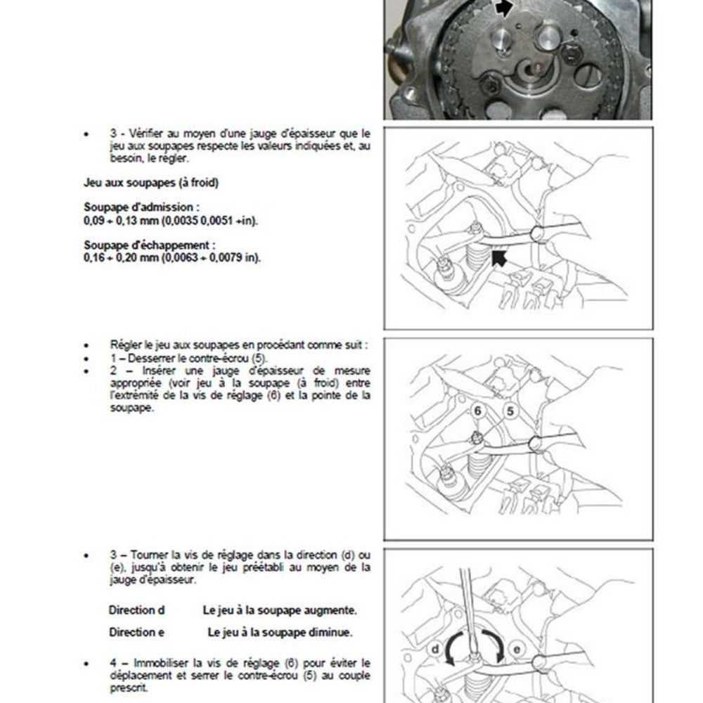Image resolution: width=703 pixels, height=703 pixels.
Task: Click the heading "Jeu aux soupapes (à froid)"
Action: [150, 183]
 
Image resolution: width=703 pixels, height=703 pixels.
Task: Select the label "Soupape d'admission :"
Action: [141, 208]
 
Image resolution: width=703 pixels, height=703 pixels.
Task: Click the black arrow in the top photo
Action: [504, 8]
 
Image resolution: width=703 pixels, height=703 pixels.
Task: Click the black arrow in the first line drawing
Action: [500, 259]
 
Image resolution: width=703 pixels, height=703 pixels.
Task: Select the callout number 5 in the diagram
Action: [510, 411]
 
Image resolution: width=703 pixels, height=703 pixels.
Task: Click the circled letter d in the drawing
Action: [435, 650]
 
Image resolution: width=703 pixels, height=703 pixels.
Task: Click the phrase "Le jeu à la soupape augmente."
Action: [279, 610]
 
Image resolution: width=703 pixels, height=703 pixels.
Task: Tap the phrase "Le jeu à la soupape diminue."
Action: [280, 632]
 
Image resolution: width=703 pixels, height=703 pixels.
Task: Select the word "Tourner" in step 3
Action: [149, 555]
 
